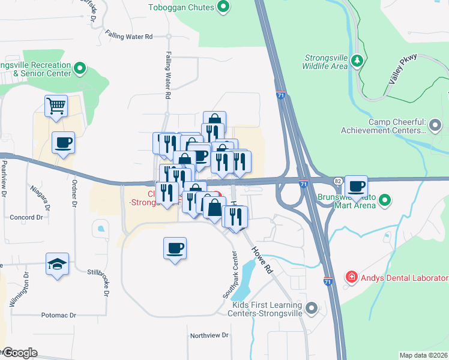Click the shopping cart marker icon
click(56, 106)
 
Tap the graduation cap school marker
click(58, 264)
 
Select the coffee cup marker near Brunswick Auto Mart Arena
click(357, 187)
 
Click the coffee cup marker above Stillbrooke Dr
click(175, 248)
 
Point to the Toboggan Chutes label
click(182, 7)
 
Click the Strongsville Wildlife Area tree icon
click(357, 61)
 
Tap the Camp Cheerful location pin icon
click(436, 125)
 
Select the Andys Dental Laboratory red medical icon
click(351, 278)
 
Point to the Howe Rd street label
click(262, 260)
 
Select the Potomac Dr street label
click(59, 315)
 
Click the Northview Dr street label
click(209, 335)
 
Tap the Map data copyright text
click(424, 355)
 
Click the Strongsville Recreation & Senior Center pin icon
click(79, 69)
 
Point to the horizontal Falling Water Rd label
click(128, 37)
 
